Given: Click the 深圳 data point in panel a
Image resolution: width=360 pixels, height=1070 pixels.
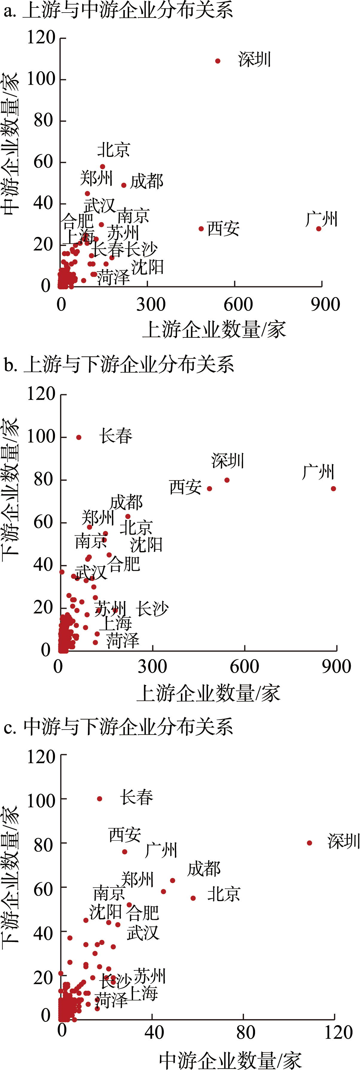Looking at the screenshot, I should (x=218, y=61).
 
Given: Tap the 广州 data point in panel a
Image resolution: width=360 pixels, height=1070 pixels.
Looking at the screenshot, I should (x=318, y=229).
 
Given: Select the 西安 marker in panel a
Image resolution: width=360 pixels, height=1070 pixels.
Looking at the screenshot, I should (x=201, y=229).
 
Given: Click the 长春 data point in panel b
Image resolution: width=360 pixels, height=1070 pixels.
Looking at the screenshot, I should (x=79, y=437).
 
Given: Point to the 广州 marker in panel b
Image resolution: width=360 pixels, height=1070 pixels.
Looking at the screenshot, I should (x=333, y=489).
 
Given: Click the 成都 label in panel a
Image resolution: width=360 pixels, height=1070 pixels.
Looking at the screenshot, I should (x=147, y=182).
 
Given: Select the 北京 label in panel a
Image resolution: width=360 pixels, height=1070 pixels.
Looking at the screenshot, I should (x=113, y=150).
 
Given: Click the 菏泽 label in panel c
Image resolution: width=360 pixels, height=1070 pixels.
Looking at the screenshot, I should (x=111, y=1000).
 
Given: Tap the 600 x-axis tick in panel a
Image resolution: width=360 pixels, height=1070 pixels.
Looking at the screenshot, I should (x=238, y=305).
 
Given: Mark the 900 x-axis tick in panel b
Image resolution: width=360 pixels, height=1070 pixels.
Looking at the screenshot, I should (x=336, y=667).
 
